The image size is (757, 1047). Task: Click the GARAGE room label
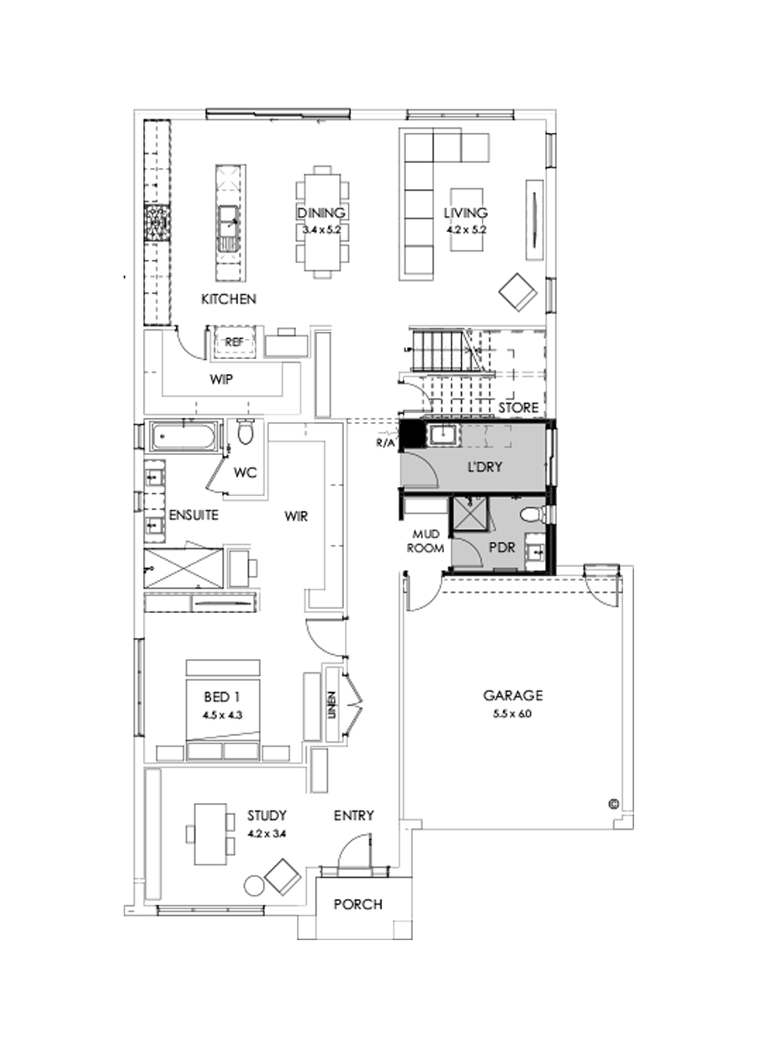click(x=513, y=695)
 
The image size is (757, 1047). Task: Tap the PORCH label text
click(x=357, y=905)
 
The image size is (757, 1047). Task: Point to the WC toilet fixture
click(x=246, y=434)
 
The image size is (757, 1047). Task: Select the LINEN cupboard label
click(x=332, y=705)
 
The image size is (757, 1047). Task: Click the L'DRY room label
click(x=484, y=467)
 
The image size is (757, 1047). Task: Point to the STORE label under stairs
click(x=517, y=408)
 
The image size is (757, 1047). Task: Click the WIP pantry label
click(x=220, y=379)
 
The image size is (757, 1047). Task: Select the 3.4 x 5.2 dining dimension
click(x=320, y=229)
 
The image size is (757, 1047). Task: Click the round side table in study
click(x=254, y=885)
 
